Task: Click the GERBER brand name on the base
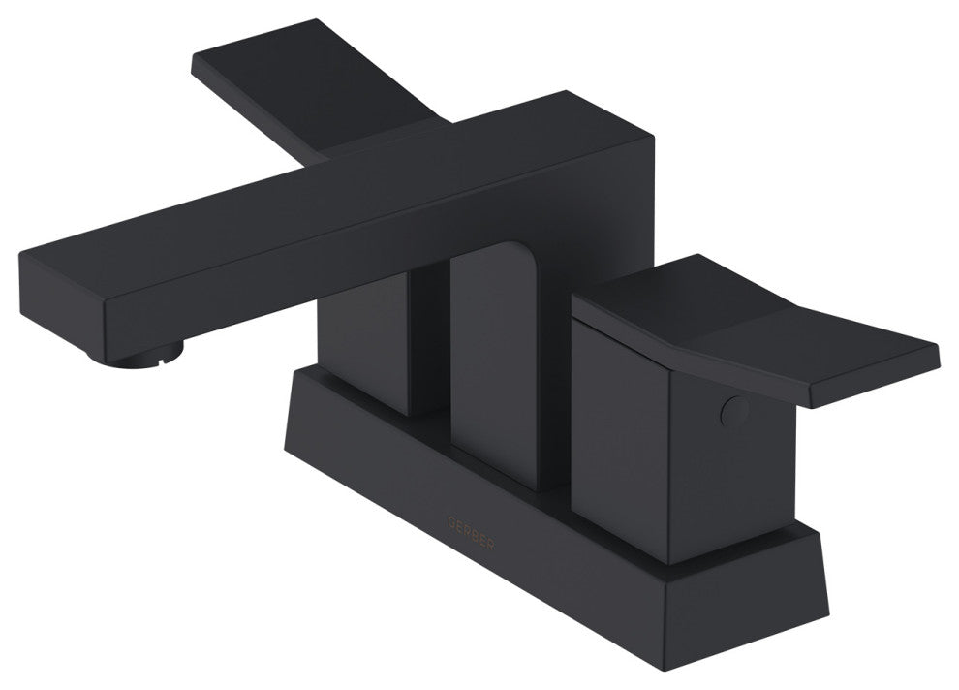click(471, 522)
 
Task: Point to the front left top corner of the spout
click(21, 254)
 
